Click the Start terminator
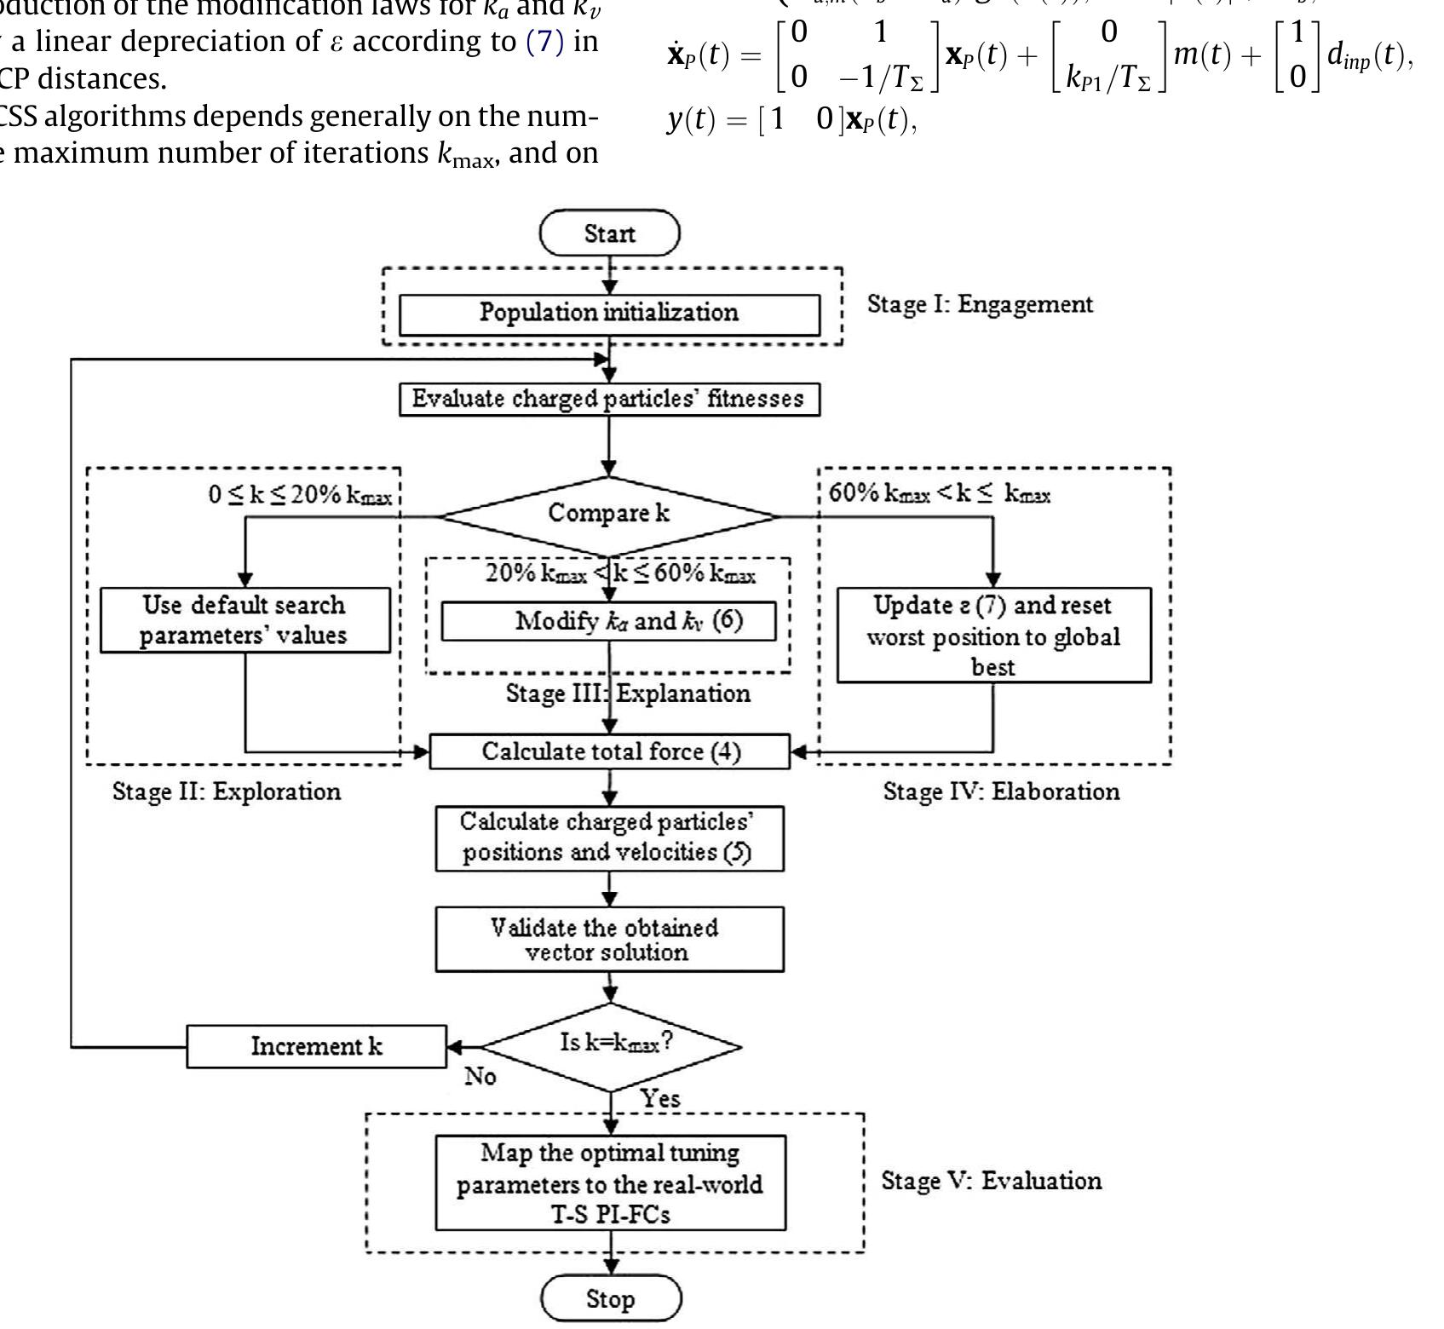pyautogui.click(x=610, y=233)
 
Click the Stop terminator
pyautogui.click(x=611, y=1298)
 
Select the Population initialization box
pyautogui.click(x=609, y=313)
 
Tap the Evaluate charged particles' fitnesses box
pyautogui.click(x=609, y=400)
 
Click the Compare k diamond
pyautogui.click(x=609, y=514)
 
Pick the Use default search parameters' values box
pyautogui.click(x=245, y=620)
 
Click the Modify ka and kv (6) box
pyautogui.click(x=609, y=621)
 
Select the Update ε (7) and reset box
pyautogui.click(x=993, y=636)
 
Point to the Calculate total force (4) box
pyautogui.click(x=610, y=751)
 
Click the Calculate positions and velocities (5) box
pyautogui.click(x=609, y=838)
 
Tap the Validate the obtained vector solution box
pyautogui.click(x=609, y=940)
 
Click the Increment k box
pyautogui.click(x=316, y=1046)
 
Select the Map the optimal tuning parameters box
pyautogui.click(x=610, y=1182)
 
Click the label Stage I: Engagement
pyautogui.click(x=980, y=304)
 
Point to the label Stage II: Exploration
pyautogui.click(x=227, y=791)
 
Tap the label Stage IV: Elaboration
pyautogui.click(x=1001, y=791)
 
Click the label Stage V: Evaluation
pyautogui.click(x=991, y=1181)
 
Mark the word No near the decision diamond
pyautogui.click(x=480, y=1077)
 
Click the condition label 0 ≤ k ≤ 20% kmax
pyautogui.click(x=300, y=495)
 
